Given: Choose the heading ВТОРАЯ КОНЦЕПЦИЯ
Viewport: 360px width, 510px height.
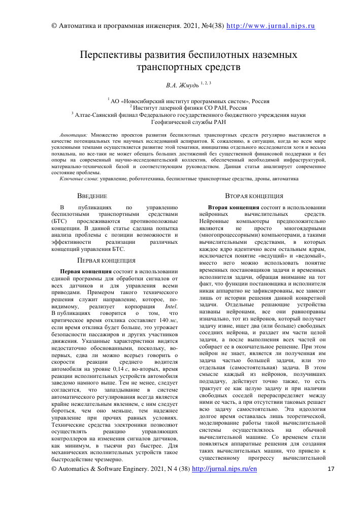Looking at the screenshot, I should [257, 195].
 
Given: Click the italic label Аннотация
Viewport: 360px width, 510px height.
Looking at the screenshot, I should [74, 136].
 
